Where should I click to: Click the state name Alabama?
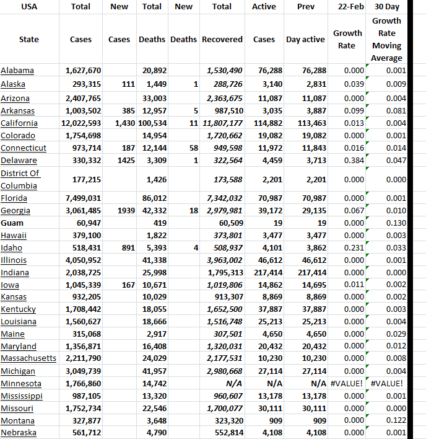[17, 70]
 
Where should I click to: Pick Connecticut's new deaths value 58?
[193, 148]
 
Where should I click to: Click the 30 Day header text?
[387, 7]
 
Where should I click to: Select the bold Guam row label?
[12, 223]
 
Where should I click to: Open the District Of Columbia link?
[20, 179]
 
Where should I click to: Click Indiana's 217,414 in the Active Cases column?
[267, 272]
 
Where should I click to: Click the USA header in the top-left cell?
[28, 7]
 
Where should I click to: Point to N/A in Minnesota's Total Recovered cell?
[234, 384]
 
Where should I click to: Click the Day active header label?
[305, 39]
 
